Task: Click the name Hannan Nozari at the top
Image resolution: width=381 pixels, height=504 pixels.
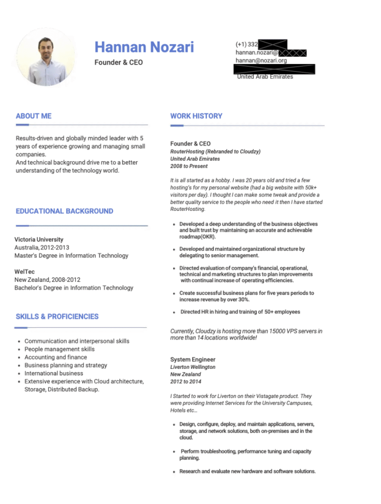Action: tap(144, 47)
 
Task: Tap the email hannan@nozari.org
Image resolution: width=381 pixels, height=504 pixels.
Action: tap(261, 61)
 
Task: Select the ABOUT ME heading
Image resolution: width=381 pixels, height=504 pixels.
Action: tap(34, 116)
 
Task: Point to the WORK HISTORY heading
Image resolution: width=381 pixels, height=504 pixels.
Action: tap(196, 116)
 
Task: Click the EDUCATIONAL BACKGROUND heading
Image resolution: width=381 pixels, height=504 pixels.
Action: tap(65, 211)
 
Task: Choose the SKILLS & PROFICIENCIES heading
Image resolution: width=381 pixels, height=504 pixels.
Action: tap(57, 316)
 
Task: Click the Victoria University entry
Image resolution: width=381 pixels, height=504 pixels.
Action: tap(39, 239)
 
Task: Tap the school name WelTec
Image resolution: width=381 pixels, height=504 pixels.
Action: tap(25, 272)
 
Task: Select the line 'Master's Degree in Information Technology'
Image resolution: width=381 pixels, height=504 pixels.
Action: tap(71, 255)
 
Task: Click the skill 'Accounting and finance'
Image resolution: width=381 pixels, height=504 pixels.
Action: tap(56, 357)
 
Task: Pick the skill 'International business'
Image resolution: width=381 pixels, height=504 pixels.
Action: tap(54, 373)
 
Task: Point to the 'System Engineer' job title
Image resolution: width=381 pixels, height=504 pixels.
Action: tap(193, 360)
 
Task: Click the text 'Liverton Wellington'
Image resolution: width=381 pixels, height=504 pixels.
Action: tap(193, 367)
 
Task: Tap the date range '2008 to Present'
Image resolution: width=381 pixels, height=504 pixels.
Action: tap(189, 166)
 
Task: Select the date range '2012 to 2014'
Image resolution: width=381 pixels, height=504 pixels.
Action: tap(185, 382)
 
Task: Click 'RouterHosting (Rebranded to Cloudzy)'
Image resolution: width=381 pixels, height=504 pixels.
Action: tap(215, 152)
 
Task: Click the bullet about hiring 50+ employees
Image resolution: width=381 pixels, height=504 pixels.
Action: tap(240, 312)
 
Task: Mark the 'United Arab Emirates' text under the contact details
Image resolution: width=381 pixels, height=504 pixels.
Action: tap(265, 77)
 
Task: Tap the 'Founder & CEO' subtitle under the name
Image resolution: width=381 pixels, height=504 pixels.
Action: tap(119, 63)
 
